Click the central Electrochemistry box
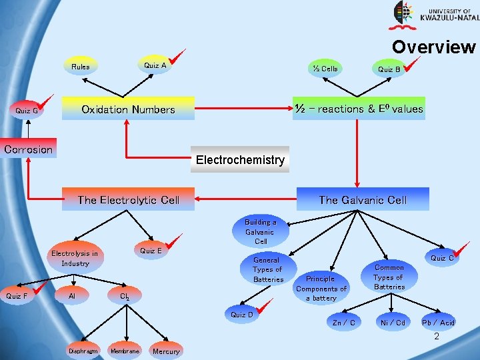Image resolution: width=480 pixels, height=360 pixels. (x=240, y=159)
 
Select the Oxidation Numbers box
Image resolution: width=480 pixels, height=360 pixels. (x=128, y=109)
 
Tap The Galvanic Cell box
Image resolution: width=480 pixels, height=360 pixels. (x=363, y=199)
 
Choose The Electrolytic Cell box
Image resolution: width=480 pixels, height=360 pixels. (x=128, y=199)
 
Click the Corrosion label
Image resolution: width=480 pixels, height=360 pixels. (x=28, y=149)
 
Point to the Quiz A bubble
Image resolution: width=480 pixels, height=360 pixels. (x=155, y=65)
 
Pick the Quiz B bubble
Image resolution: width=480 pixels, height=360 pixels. (x=389, y=69)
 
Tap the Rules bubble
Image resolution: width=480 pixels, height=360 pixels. (x=81, y=67)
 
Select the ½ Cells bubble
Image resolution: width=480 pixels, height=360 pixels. (x=325, y=69)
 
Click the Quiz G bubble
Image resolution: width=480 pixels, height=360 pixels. (x=27, y=111)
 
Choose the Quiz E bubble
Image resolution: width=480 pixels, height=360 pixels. (x=151, y=251)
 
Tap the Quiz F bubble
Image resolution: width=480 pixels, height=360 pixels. (x=17, y=295)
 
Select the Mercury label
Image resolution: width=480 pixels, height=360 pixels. (x=166, y=351)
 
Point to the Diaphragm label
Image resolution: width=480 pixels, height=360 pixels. (x=83, y=351)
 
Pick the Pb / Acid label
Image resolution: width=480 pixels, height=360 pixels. (x=438, y=323)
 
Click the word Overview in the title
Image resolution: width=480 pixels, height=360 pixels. (x=433, y=47)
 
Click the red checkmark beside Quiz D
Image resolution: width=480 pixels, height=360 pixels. (x=266, y=307)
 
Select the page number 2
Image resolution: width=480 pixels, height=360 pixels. (x=437, y=337)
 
